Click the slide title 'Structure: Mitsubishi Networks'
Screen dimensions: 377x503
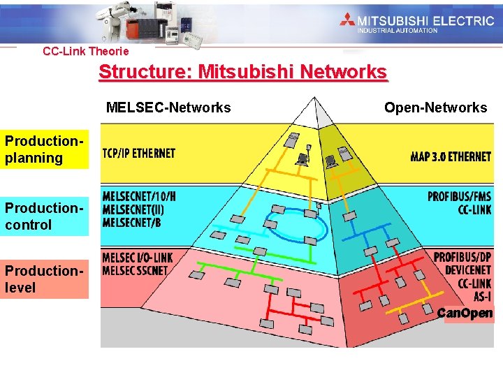click(242, 72)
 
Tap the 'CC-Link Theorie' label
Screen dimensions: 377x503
click(86, 51)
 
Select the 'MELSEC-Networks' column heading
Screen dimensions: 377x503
click(168, 108)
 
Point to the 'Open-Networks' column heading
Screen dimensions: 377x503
click(435, 108)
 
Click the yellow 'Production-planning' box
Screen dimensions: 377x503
click(45, 149)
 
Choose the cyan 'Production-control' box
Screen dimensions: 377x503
click(45, 216)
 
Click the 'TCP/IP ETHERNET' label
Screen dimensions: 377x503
click(139, 154)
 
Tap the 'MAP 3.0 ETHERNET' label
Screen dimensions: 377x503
click(451, 156)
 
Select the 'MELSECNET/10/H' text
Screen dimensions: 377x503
click(139, 197)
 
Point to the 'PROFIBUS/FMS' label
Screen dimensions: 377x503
click(460, 197)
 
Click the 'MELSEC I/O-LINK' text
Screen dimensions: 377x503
click(138, 258)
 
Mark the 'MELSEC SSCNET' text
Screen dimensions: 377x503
click(133, 270)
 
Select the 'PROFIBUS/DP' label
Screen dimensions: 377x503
click(462, 258)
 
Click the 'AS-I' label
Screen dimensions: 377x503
click(480, 296)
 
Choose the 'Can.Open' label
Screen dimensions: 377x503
click(465, 313)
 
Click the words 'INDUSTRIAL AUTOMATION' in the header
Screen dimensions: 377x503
click(398, 30)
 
